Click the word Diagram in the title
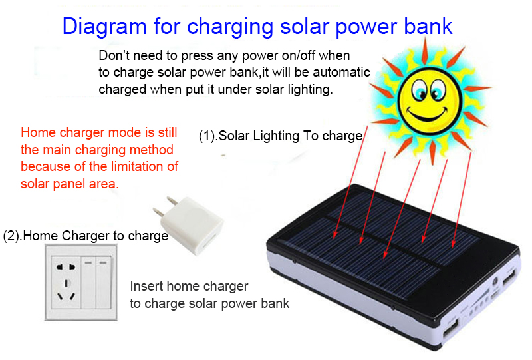104,27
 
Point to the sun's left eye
420,90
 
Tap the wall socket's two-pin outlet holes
65,267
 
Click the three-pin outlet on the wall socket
66,291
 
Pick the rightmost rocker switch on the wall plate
103,282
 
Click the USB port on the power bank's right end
509,277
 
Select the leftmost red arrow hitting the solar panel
351,182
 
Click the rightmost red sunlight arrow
462,200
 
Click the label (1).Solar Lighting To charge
281,136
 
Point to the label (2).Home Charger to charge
86,236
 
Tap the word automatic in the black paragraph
341,72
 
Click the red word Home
39,132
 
